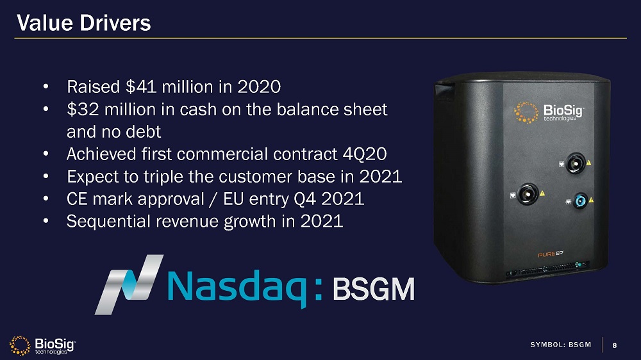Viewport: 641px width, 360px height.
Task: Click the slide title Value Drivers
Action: (x=84, y=23)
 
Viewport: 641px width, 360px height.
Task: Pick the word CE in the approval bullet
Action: (x=77, y=199)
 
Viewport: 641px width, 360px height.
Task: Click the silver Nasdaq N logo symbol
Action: (x=129, y=284)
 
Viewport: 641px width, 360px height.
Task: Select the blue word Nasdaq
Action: (x=237, y=288)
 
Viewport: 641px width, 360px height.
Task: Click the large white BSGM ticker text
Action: (x=374, y=289)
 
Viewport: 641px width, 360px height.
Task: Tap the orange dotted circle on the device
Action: (x=526, y=113)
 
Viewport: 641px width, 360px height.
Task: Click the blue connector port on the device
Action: (x=580, y=201)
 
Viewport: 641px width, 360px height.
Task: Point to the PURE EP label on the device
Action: (x=550, y=254)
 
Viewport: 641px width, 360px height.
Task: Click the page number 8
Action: (x=615, y=345)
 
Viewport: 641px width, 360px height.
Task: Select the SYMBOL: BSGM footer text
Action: (x=560, y=345)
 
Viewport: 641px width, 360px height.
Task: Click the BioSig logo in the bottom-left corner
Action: (x=42, y=346)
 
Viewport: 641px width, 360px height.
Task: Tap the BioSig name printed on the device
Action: (x=563, y=110)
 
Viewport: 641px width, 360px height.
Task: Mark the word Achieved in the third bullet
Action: (x=101, y=154)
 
